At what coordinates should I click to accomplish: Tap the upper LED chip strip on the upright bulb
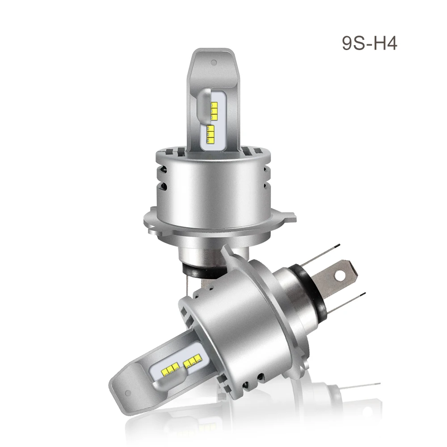click(x=214, y=110)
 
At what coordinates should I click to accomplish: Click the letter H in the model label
click(x=380, y=44)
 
